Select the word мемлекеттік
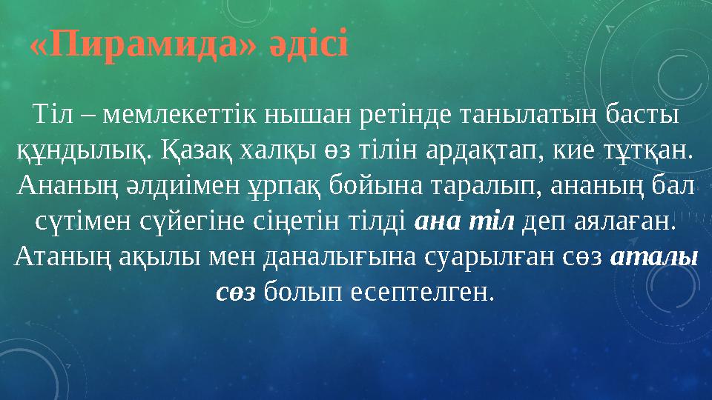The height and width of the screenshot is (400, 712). point(170,116)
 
